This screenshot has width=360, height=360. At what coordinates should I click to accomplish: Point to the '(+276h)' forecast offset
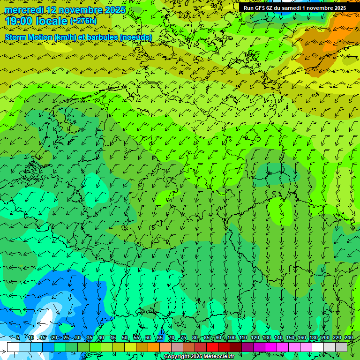click(x=83, y=21)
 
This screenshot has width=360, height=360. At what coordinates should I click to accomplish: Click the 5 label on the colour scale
click(x=18, y=338)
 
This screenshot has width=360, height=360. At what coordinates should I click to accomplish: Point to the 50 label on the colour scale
click(x=125, y=338)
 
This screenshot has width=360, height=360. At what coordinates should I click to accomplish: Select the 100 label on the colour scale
click(x=231, y=338)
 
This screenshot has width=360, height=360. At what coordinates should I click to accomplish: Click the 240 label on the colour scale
click(x=349, y=338)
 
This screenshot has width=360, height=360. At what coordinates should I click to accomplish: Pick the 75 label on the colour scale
click(x=183, y=338)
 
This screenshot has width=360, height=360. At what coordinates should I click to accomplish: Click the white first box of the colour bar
click(x=13, y=347)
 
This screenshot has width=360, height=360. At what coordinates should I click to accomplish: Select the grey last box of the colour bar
click(x=341, y=347)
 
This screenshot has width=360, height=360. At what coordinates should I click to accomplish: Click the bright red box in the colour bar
click(x=212, y=347)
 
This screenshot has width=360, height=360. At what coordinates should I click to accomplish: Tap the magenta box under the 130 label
click(x=271, y=347)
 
